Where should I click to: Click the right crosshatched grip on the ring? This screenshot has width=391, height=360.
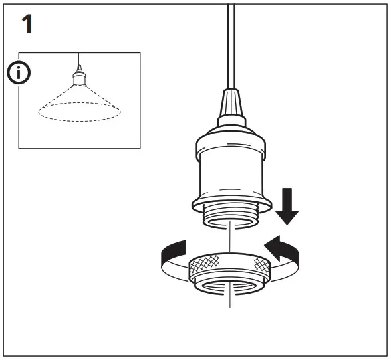262,267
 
